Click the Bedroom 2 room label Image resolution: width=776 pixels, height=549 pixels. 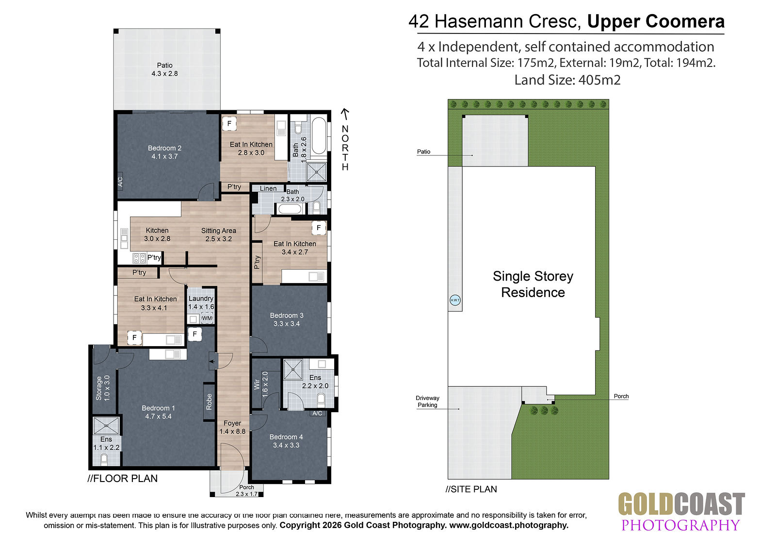coord(164,148)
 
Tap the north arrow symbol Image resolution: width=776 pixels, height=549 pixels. coord(345,114)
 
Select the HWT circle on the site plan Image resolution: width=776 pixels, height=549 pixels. coord(455,300)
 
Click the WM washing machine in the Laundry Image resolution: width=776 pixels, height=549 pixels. coord(207,318)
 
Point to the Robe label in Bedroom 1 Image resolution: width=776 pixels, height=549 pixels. coord(209,401)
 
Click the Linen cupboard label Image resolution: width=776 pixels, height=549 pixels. coord(268,188)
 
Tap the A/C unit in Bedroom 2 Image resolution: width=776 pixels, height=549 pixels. coord(120,182)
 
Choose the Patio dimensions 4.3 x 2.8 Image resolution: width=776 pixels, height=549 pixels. coord(164,73)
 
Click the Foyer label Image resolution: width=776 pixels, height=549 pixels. coord(232,423)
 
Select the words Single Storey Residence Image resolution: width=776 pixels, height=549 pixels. coord(533,284)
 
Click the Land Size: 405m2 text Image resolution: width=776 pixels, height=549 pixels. coord(567,80)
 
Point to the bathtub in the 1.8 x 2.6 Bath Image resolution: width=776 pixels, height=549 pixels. coord(319,136)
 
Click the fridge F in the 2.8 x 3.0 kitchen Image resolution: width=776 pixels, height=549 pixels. coord(229,123)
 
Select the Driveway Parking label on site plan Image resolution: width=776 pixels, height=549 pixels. coord(427,401)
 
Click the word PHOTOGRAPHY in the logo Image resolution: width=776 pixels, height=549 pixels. coord(681,525)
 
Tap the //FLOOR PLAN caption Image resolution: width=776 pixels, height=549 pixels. coord(123,479)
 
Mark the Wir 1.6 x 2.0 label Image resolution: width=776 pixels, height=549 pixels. coord(261,384)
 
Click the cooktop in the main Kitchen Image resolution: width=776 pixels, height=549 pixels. coord(139,258)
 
